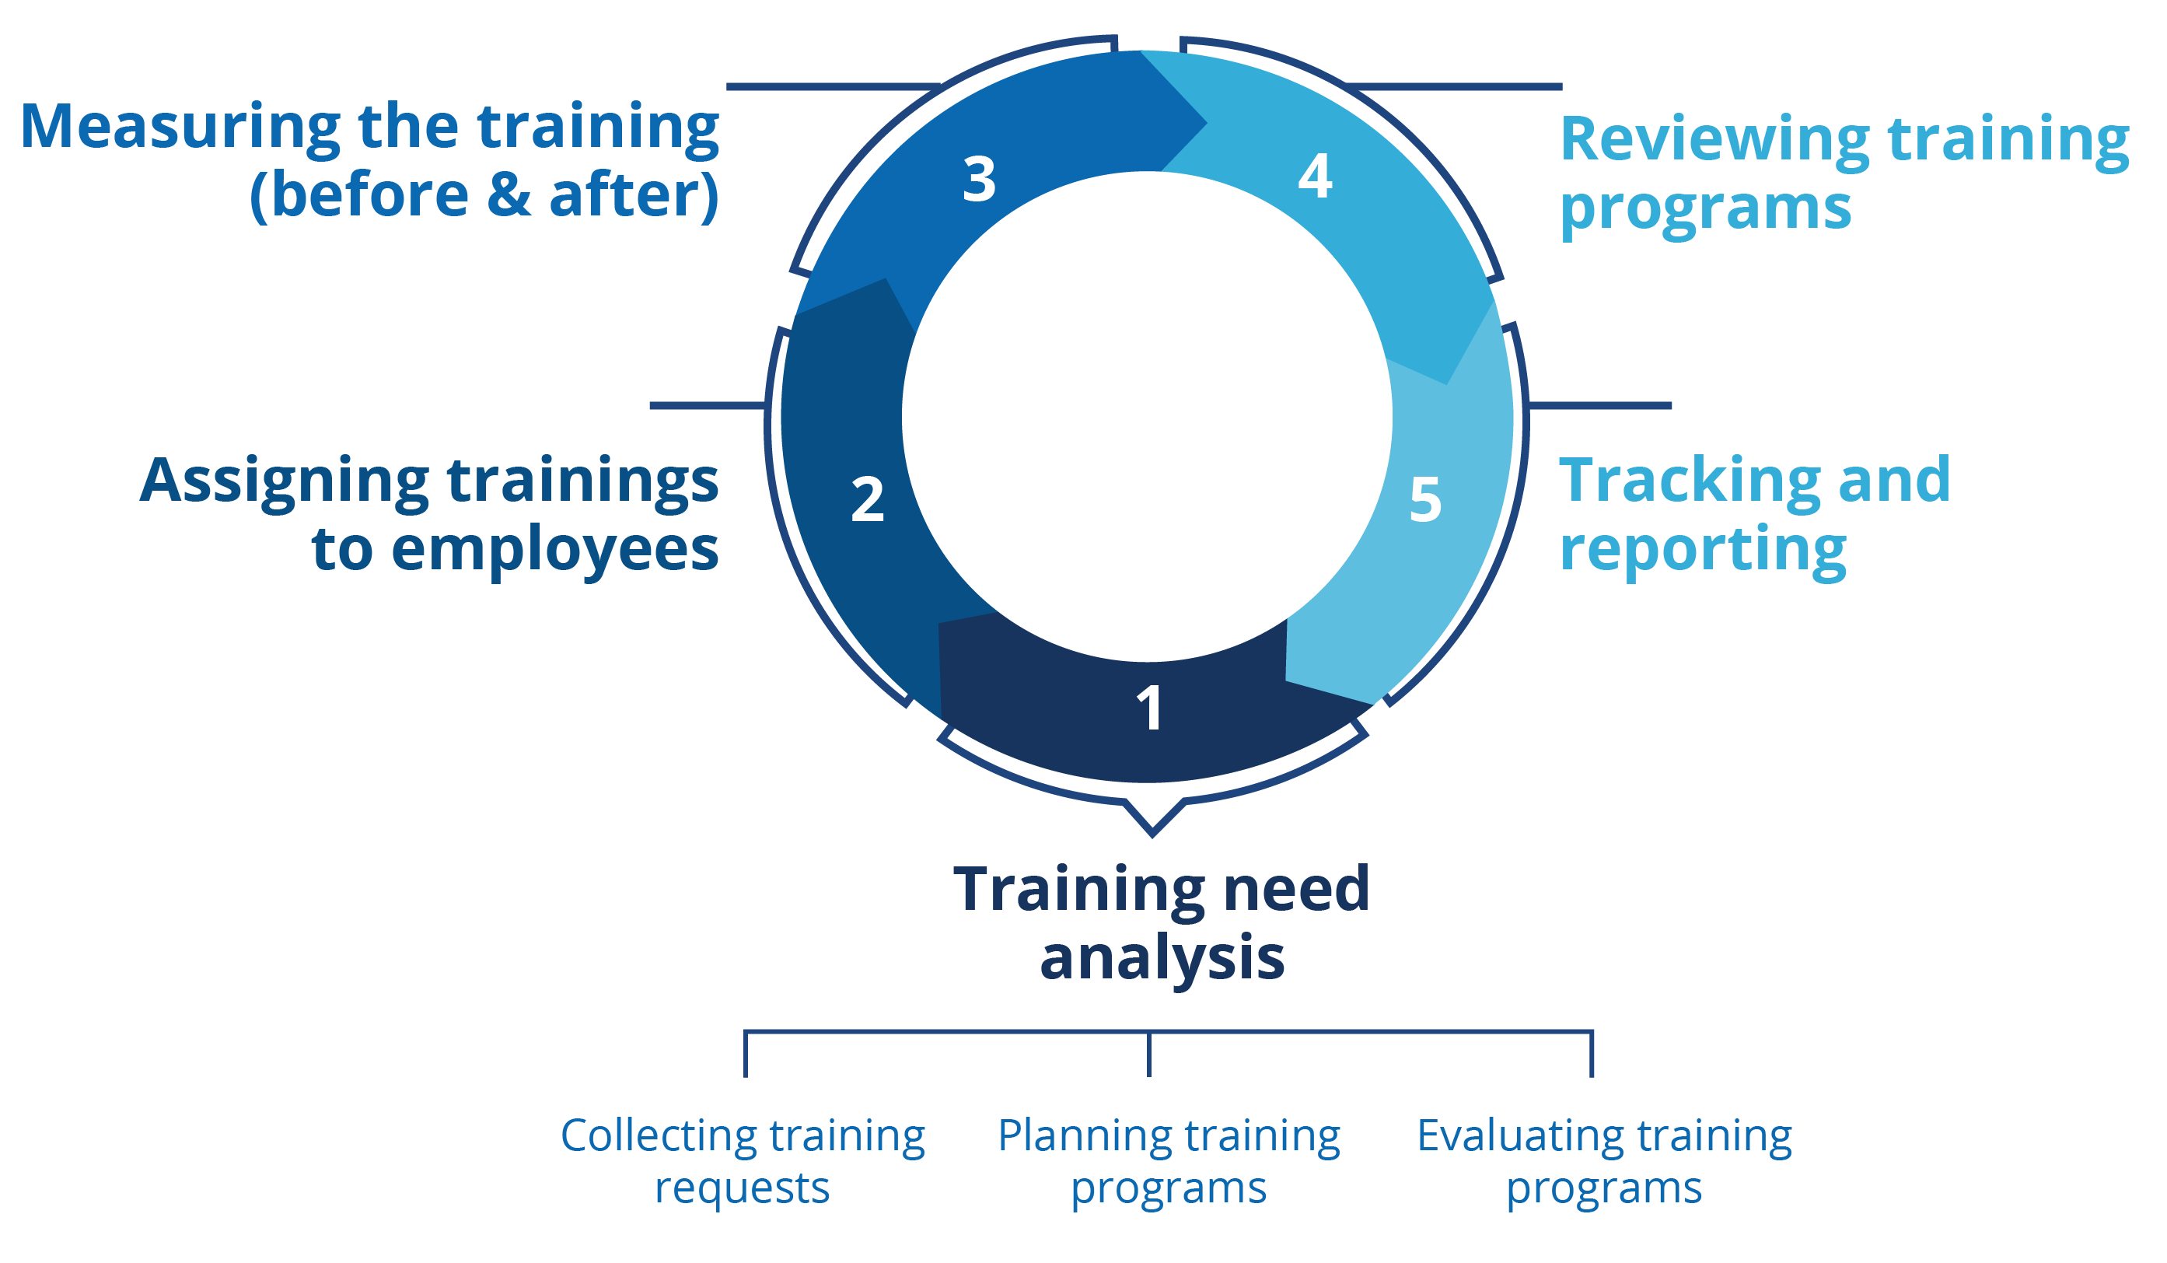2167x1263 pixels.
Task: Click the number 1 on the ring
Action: click(1150, 708)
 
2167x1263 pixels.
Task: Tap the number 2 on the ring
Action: click(868, 500)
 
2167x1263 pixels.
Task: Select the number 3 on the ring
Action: click(980, 180)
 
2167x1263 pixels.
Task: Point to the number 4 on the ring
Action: click(1315, 177)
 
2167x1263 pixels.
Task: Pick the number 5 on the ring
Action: click(1425, 500)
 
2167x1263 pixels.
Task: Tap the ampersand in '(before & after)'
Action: click(509, 194)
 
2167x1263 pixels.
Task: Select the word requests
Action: click(742, 1189)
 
